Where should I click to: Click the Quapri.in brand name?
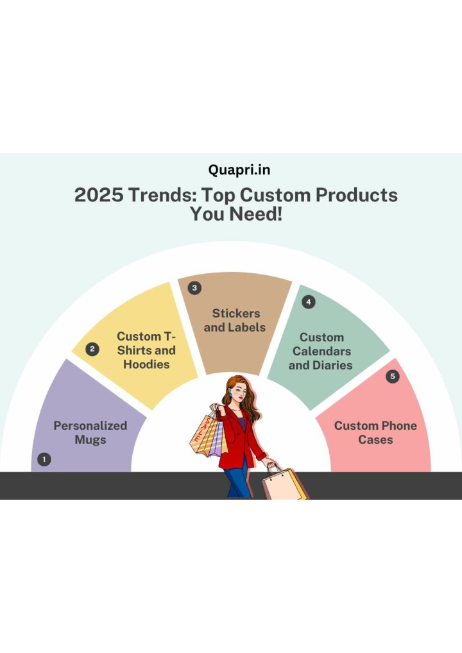point(239,171)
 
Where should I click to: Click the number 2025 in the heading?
point(99,195)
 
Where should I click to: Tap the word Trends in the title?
point(162,195)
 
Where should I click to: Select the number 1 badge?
point(44,459)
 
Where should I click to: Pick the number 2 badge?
point(92,349)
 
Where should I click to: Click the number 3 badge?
point(194,288)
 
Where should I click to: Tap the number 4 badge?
point(308,302)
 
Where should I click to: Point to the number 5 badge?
point(393,377)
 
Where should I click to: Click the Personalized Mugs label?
point(90,433)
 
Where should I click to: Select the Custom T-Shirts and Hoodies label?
point(146,350)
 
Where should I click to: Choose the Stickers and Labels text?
point(235,320)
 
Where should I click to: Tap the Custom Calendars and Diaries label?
point(321,351)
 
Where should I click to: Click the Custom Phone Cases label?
point(375,433)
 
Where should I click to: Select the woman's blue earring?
point(230,395)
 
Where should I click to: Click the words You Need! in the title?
point(236,214)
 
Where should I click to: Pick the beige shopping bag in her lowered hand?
point(282,483)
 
